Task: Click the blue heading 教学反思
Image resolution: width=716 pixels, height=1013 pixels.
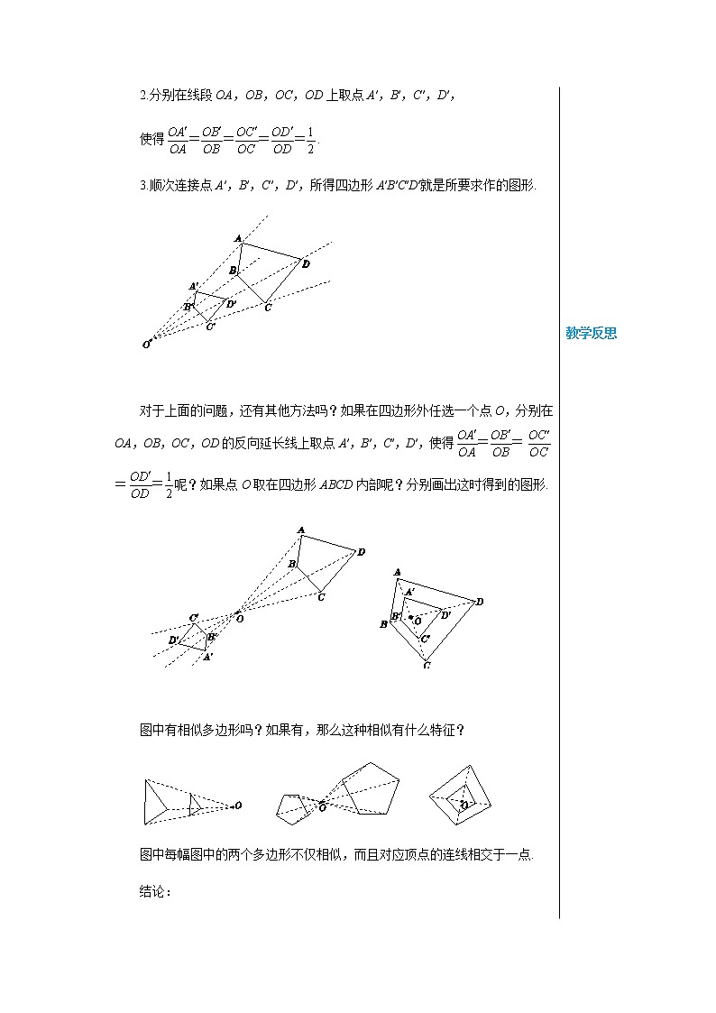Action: point(591,334)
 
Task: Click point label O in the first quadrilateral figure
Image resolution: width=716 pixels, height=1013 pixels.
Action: point(146,344)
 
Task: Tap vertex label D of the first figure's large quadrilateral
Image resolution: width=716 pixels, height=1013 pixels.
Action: point(307,263)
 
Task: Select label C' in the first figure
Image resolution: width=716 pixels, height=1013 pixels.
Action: point(210,327)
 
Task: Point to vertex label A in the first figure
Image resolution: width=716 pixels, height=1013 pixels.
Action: point(238,238)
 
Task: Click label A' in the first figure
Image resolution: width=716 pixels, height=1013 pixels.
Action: point(194,286)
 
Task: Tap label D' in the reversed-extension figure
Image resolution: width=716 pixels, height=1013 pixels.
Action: point(173,640)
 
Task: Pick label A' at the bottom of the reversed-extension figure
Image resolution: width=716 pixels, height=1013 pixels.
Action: point(207,658)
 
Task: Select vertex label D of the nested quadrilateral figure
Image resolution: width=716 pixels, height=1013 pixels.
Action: point(480,602)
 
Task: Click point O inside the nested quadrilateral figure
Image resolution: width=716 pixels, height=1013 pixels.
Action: point(417,620)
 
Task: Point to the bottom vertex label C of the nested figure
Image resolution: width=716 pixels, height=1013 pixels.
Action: point(426,666)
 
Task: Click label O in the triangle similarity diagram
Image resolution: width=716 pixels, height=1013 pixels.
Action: point(238,805)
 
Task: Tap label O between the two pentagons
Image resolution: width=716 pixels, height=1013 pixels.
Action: point(322,808)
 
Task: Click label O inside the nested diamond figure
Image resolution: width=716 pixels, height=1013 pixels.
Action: point(464,804)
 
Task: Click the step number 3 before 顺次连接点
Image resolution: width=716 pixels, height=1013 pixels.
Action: point(143,186)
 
